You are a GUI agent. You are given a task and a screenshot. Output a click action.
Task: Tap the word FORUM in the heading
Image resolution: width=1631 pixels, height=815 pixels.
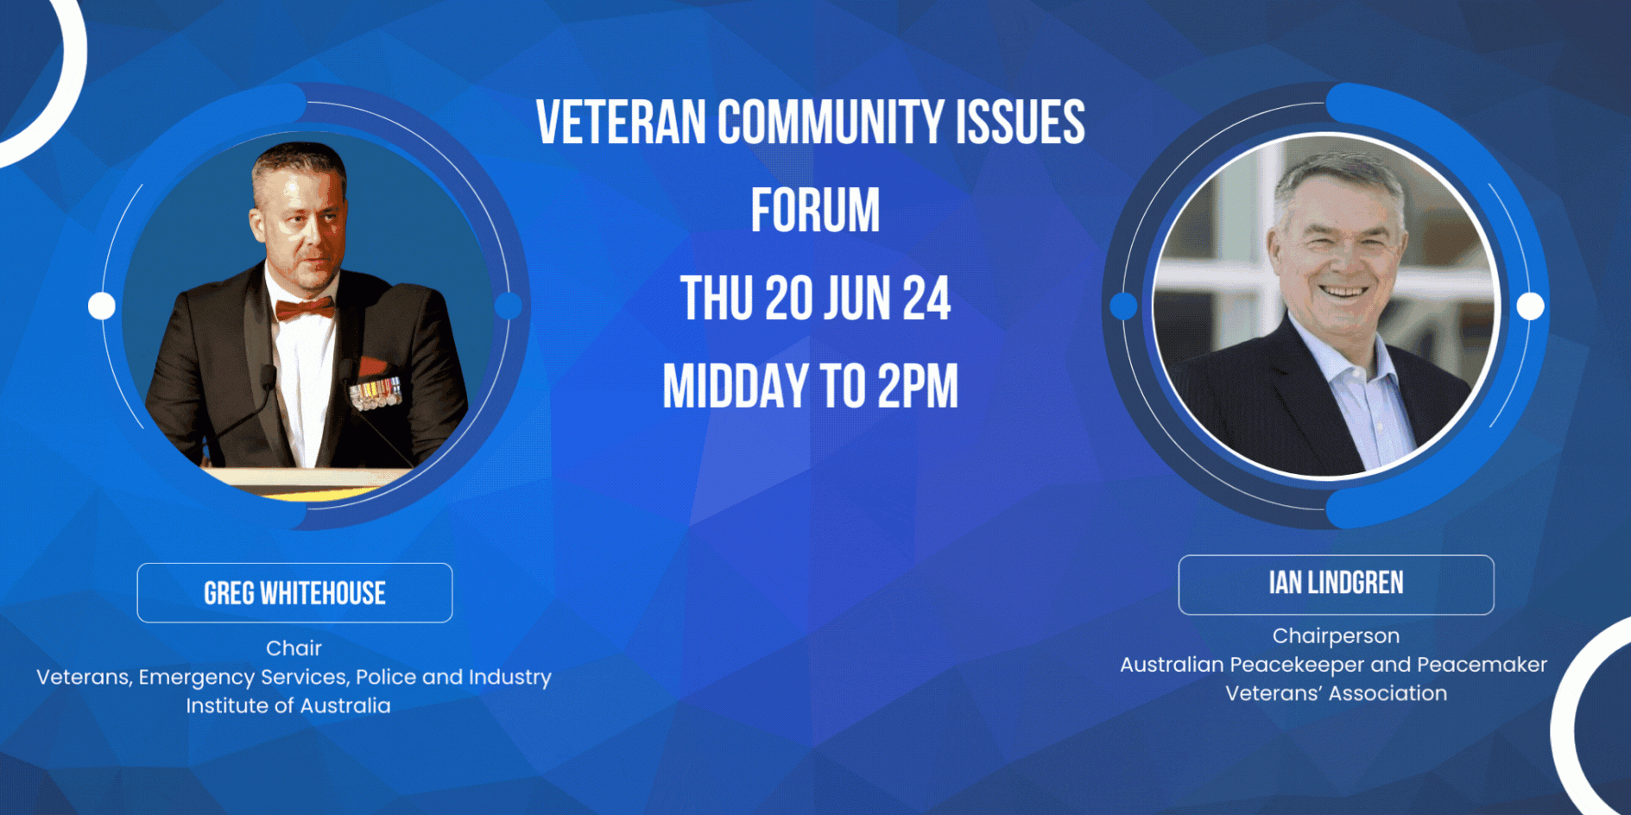coord(815,211)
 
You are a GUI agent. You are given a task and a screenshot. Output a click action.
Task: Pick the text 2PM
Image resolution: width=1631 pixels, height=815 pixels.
coord(918,386)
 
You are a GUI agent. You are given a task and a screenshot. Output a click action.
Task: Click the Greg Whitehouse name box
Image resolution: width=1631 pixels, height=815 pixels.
coord(294,593)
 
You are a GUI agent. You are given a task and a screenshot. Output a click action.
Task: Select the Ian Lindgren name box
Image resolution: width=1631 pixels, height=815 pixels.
coord(1336,584)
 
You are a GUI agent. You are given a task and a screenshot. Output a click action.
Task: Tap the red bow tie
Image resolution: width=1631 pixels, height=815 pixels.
coord(305,308)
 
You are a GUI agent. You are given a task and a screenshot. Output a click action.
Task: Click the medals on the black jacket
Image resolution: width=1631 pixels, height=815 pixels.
coord(376,393)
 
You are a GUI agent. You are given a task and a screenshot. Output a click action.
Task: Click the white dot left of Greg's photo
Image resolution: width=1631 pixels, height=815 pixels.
coord(102,306)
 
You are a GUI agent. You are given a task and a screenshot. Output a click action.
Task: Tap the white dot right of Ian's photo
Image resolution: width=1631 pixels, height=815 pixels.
coord(1530,306)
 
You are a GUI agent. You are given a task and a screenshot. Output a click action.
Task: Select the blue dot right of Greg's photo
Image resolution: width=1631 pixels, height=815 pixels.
coord(509,306)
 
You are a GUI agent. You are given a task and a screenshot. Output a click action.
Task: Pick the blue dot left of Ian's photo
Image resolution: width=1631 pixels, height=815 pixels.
coord(1123,306)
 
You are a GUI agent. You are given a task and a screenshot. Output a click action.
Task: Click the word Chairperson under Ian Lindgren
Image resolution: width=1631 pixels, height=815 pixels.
coord(1336,636)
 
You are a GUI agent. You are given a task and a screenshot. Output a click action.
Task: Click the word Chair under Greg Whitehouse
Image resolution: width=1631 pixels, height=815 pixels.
coord(294,648)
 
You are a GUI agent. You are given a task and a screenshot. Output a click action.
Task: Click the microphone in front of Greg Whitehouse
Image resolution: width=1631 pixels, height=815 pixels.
coord(268,376)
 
